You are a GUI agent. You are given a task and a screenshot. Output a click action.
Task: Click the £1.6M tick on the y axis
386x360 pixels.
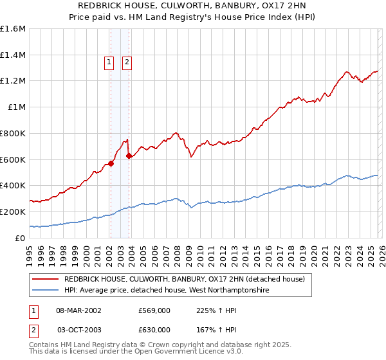[12, 29]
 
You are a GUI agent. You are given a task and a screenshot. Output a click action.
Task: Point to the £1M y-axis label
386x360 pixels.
[16, 107]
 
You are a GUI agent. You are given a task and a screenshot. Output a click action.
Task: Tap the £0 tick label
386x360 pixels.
[21, 238]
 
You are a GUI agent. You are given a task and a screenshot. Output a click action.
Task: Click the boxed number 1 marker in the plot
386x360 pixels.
[109, 62]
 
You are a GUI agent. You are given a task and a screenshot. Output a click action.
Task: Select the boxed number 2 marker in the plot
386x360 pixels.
[127, 62]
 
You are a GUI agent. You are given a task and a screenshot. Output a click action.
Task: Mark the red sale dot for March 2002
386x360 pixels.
[111, 163]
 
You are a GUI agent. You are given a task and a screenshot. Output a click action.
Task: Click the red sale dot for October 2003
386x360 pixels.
[129, 155]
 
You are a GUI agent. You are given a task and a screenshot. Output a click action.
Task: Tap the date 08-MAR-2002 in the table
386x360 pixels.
[78, 310]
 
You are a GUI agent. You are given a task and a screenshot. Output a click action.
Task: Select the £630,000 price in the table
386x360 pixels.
[154, 329]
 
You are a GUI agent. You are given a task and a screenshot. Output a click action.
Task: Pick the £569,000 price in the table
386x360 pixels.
[154, 310]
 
